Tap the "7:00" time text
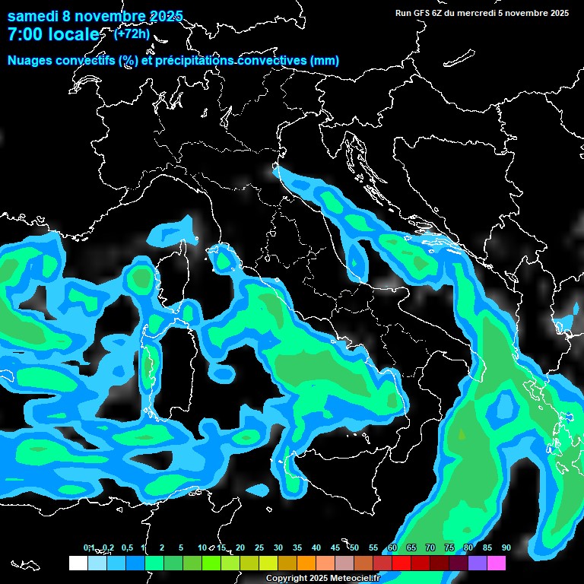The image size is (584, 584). (x=29, y=35)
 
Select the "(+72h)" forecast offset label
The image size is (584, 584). (x=132, y=33)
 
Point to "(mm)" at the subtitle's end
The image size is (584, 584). (x=325, y=61)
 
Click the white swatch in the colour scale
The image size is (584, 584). (x=78, y=563)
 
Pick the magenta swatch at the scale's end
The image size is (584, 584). (x=497, y=563)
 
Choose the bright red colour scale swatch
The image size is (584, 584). (x=401, y=563)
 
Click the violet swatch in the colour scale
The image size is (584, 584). (x=478, y=563)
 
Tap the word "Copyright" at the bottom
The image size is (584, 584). (x=287, y=579)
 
